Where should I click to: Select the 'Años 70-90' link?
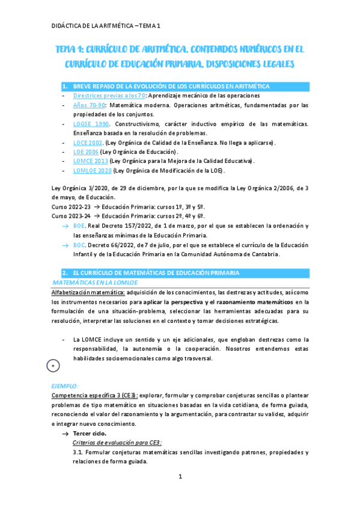86,105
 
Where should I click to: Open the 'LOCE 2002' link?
88,143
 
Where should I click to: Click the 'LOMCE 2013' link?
90,161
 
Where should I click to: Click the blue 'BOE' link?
79,226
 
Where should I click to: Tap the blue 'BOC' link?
79,245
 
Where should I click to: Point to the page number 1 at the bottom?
180,477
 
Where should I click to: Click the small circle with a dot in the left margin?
53,364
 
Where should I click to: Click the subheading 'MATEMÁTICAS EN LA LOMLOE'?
96,282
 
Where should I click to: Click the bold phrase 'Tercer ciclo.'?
91,433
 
